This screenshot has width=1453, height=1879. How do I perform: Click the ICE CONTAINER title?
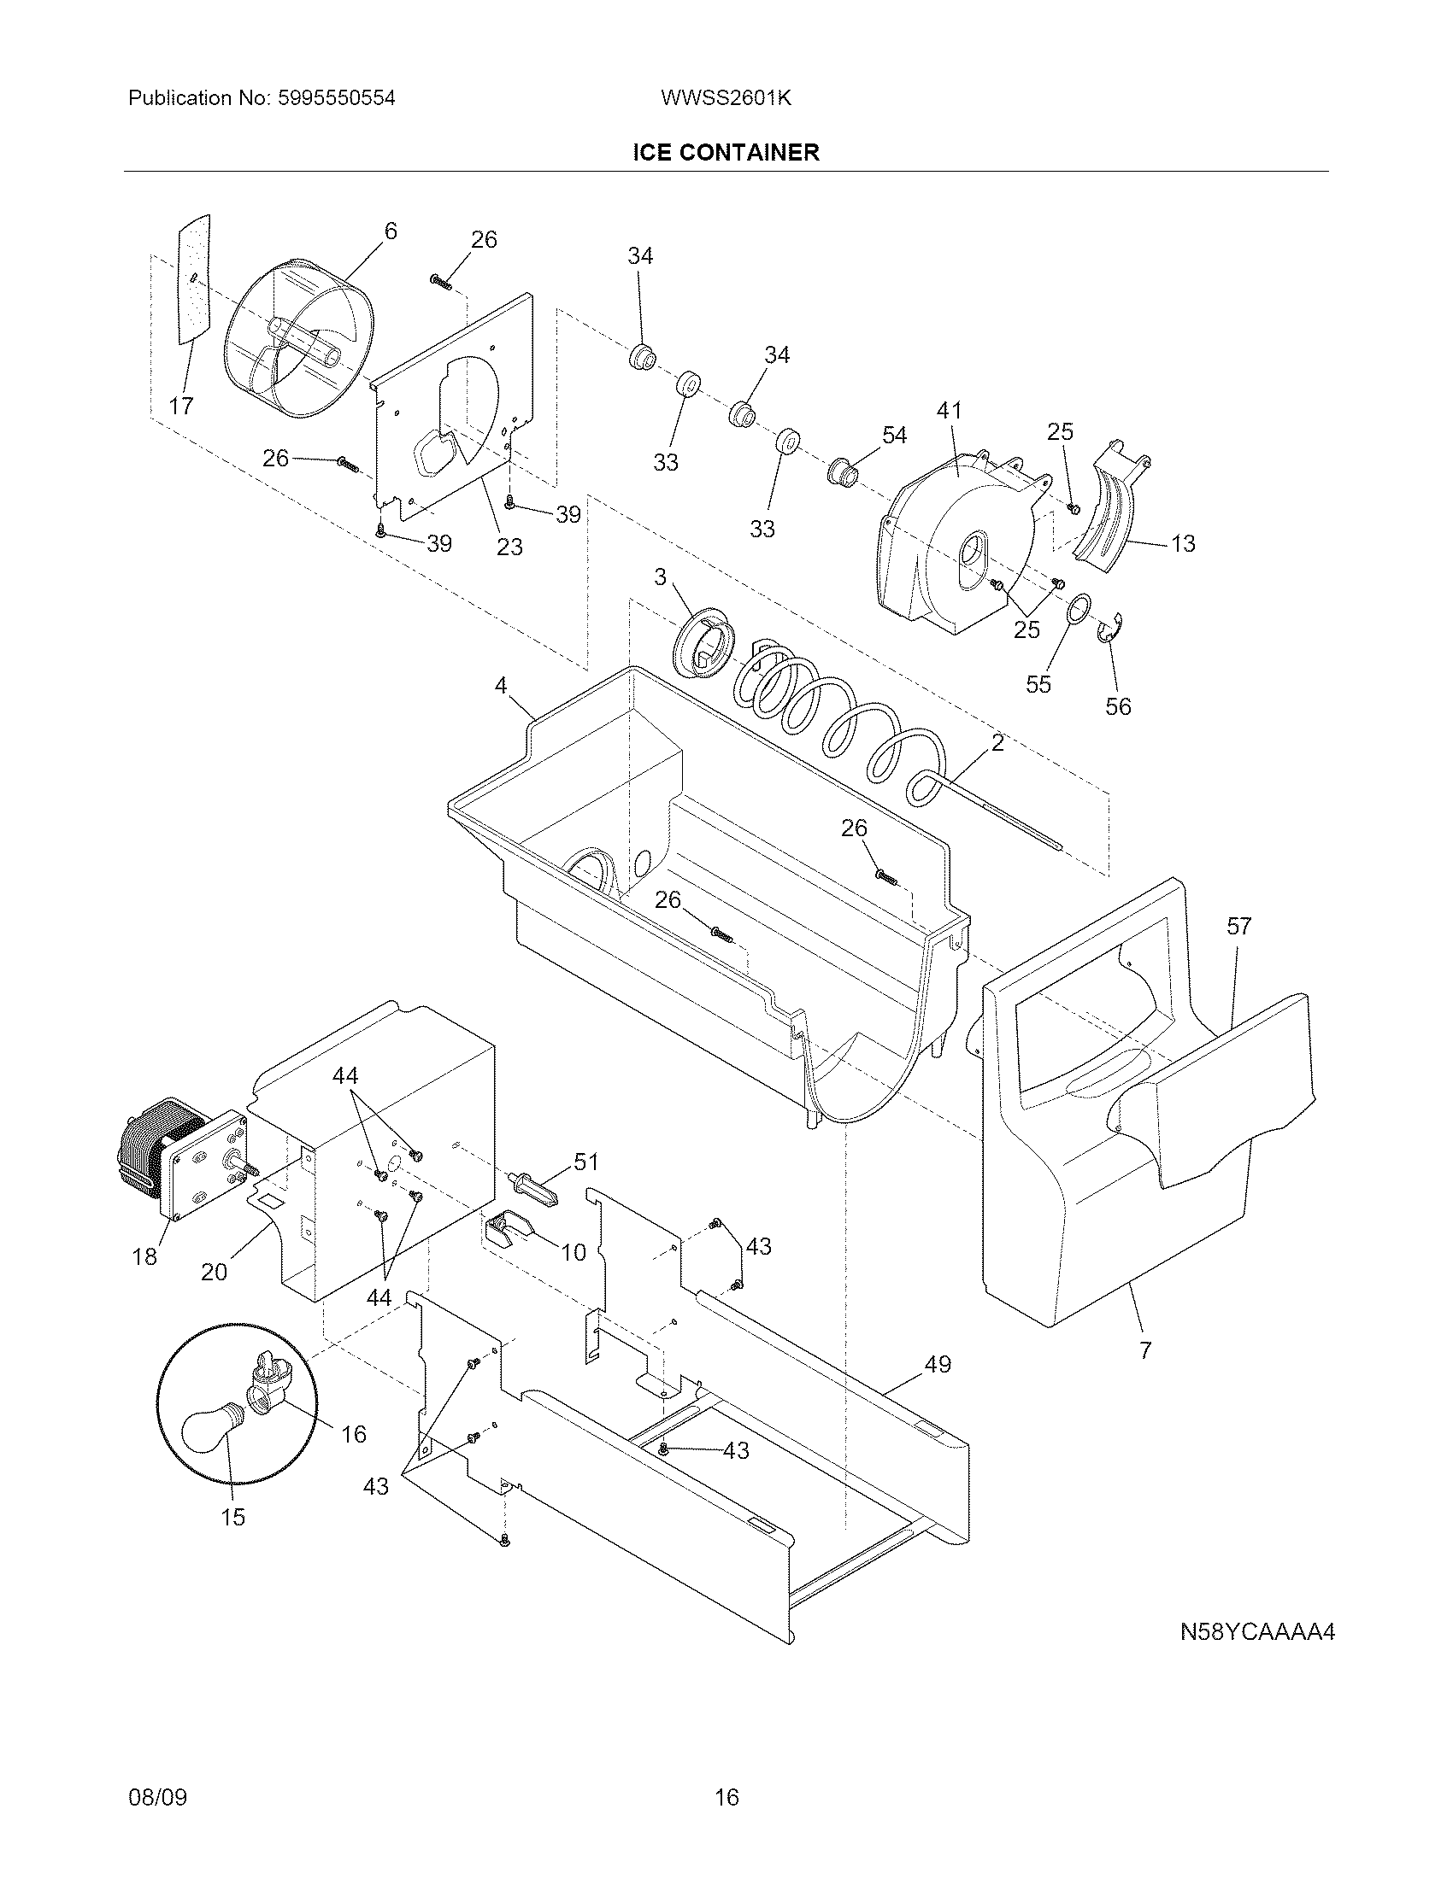[726, 153]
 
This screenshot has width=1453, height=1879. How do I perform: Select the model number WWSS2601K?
[726, 98]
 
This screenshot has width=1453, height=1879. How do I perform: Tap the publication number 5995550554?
[336, 98]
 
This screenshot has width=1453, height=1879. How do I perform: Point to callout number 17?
[180, 406]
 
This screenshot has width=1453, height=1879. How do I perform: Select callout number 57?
[1238, 927]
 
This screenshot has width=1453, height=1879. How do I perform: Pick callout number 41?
[949, 412]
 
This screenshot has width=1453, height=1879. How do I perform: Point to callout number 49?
[938, 1365]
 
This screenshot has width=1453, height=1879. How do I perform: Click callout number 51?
[585, 1162]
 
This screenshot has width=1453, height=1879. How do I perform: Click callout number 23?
[509, 547]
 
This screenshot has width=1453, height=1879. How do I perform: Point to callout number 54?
[894, 436]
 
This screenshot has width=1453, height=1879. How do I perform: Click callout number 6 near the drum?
[391, 231]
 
